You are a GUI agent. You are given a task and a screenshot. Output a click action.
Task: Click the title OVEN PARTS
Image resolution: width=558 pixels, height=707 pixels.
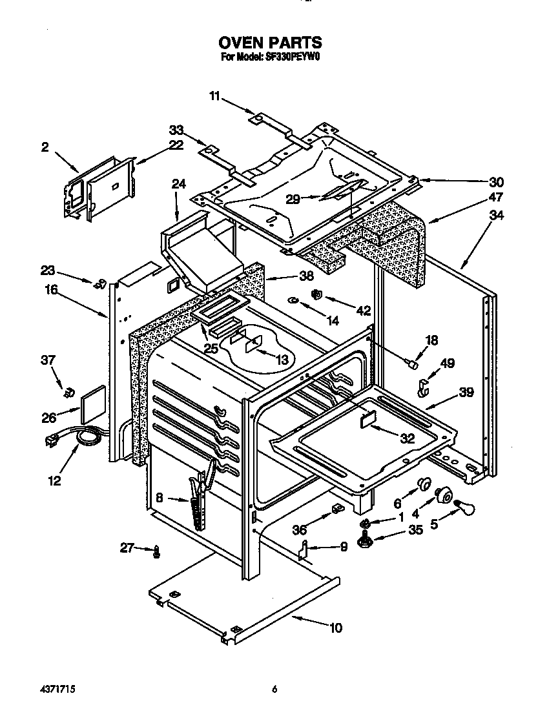270,43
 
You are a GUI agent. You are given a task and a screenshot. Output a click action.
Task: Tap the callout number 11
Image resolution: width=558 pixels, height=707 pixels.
214,96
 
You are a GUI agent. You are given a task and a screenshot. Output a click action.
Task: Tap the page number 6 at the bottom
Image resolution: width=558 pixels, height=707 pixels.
274,690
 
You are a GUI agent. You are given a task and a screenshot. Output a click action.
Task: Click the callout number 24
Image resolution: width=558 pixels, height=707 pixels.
178,184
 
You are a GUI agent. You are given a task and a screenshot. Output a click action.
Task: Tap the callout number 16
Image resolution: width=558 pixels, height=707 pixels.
52,291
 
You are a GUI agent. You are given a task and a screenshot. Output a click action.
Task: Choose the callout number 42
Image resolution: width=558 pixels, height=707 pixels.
363,311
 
